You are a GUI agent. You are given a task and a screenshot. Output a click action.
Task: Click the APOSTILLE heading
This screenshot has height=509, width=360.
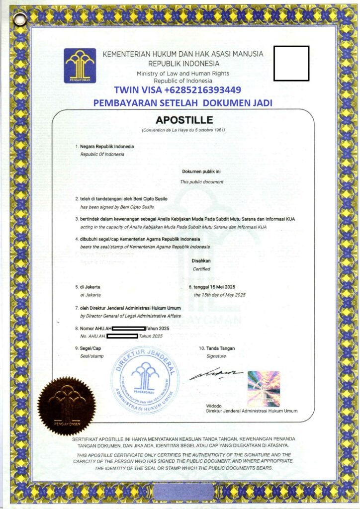click(x=184, y=120)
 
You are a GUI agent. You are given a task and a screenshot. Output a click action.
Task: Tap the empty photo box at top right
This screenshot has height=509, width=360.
click(x=291, y=63)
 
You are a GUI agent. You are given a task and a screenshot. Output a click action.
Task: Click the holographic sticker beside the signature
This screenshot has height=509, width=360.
click(x=264, y=388)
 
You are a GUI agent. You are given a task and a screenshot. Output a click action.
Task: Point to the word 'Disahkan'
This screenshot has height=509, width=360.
click(x=201, y=261)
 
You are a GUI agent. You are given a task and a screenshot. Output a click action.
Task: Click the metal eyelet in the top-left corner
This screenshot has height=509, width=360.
click(x=20, y=19)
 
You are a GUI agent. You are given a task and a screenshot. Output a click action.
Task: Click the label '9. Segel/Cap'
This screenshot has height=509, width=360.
click(x=88, y=348)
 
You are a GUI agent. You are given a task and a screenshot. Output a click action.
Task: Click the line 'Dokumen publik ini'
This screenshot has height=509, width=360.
click(x=201, y=172)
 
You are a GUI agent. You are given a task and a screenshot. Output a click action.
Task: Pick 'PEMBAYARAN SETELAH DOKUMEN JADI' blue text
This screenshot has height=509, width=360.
click(x=183, y=103)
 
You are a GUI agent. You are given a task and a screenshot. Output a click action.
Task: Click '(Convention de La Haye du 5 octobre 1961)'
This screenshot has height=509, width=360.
click(x=183, y=130)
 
